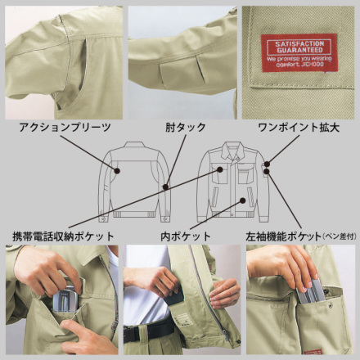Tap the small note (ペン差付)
coord(340,236)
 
